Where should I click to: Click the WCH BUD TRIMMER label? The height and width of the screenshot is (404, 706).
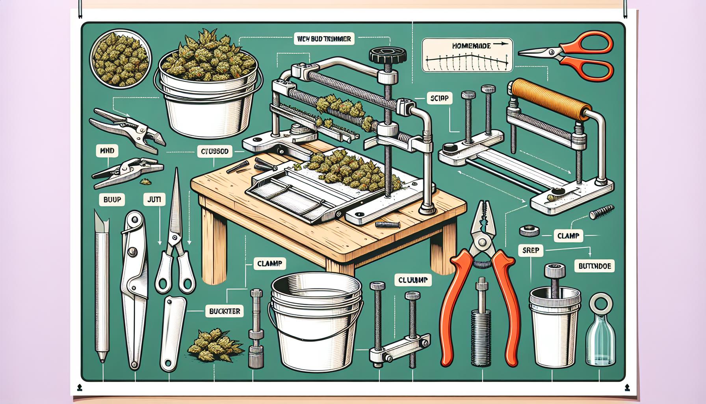click(x=324, y=39)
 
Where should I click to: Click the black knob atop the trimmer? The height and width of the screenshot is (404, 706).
click(x=385, y=56)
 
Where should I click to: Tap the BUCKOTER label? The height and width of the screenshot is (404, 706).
click(x=224, y=311)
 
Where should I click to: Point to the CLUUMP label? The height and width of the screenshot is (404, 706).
click(x=413, y=281)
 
